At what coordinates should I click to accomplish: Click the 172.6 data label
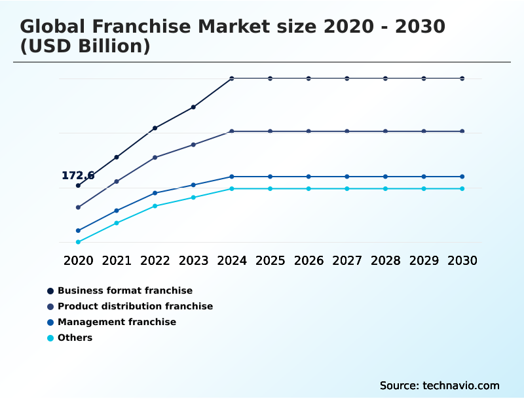pyautogui.click(x=78, y=175)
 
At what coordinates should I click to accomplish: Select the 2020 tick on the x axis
pyautogui.click(x=78, y=260)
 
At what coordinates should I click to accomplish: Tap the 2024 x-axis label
pyautogui.click(x=232, y=260)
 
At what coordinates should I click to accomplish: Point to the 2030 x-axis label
pyautogui.click(x=462, y=260)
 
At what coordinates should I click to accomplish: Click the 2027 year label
pyautogui.click(x=347, y=260)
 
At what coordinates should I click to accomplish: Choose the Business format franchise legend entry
pyautogui.click(x=124, y=290)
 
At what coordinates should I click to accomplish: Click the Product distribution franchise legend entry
pyautogui.click(x=135, y=306)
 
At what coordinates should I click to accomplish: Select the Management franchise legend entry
pyautogui.click(x=117, y=322)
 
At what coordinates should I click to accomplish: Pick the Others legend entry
pyautogui.click(x=75, y=338)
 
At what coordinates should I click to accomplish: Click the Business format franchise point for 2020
pyautogui.click(x=78, y=186)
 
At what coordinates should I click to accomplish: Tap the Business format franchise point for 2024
pyautogui.click(x=232, y=78)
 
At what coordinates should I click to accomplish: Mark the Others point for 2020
pyautogui.click(x=78, y=242)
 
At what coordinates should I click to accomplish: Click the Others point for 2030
pyautogui.click(x=462, y=188)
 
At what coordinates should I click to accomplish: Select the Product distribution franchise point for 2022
pyautogui.click(x=155, y=158)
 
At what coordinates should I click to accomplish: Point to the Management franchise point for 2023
pyautogui.click(x=193, y=185)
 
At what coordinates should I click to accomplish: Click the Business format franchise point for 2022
pyautogui.click(x=155, y=128)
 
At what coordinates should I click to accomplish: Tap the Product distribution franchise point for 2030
pyautogui.click(x=462, y=131)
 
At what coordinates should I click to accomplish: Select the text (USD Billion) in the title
pyautogui.click(x=85, y=46)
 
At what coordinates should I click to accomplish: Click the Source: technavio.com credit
pyautogui.click(x=440, y=385)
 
